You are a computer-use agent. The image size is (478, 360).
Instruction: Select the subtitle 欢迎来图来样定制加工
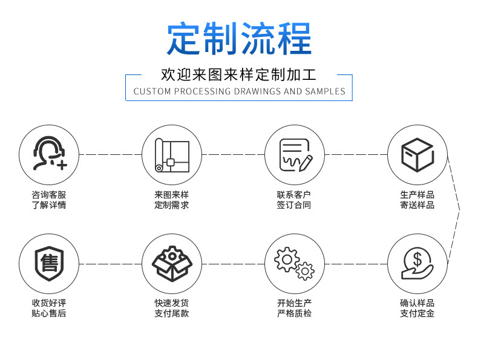[x=239, y=75]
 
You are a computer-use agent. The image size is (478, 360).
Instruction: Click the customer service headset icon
[x=49, y=154]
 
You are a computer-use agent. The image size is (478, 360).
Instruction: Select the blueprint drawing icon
[x=172, y=154]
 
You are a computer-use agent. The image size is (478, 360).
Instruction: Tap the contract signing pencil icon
[x=295, y=154]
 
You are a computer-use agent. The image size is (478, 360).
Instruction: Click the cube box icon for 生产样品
[x=417, y=154]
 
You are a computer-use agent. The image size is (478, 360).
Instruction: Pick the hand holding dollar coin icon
[x=417, y=264]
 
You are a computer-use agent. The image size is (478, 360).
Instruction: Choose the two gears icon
[x=295, y=264]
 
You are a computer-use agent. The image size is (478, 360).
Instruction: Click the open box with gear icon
[x=172, y=264]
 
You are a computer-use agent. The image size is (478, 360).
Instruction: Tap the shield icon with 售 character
[x=49, y=264]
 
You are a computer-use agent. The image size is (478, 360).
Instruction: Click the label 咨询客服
[x=49, y=195]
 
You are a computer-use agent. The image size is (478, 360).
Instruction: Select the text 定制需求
[x=172, y=205]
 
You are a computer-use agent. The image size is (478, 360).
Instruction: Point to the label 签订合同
[x=294, y=205]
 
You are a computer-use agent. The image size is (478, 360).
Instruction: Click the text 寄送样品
[x=417, y=205]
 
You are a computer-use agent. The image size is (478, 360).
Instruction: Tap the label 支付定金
[x=417, y=313]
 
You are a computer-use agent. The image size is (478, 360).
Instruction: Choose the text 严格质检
[x=294, y=313]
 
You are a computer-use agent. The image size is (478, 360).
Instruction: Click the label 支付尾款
[x=172, y=313]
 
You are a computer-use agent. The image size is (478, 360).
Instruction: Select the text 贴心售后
[x=49, y=313]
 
